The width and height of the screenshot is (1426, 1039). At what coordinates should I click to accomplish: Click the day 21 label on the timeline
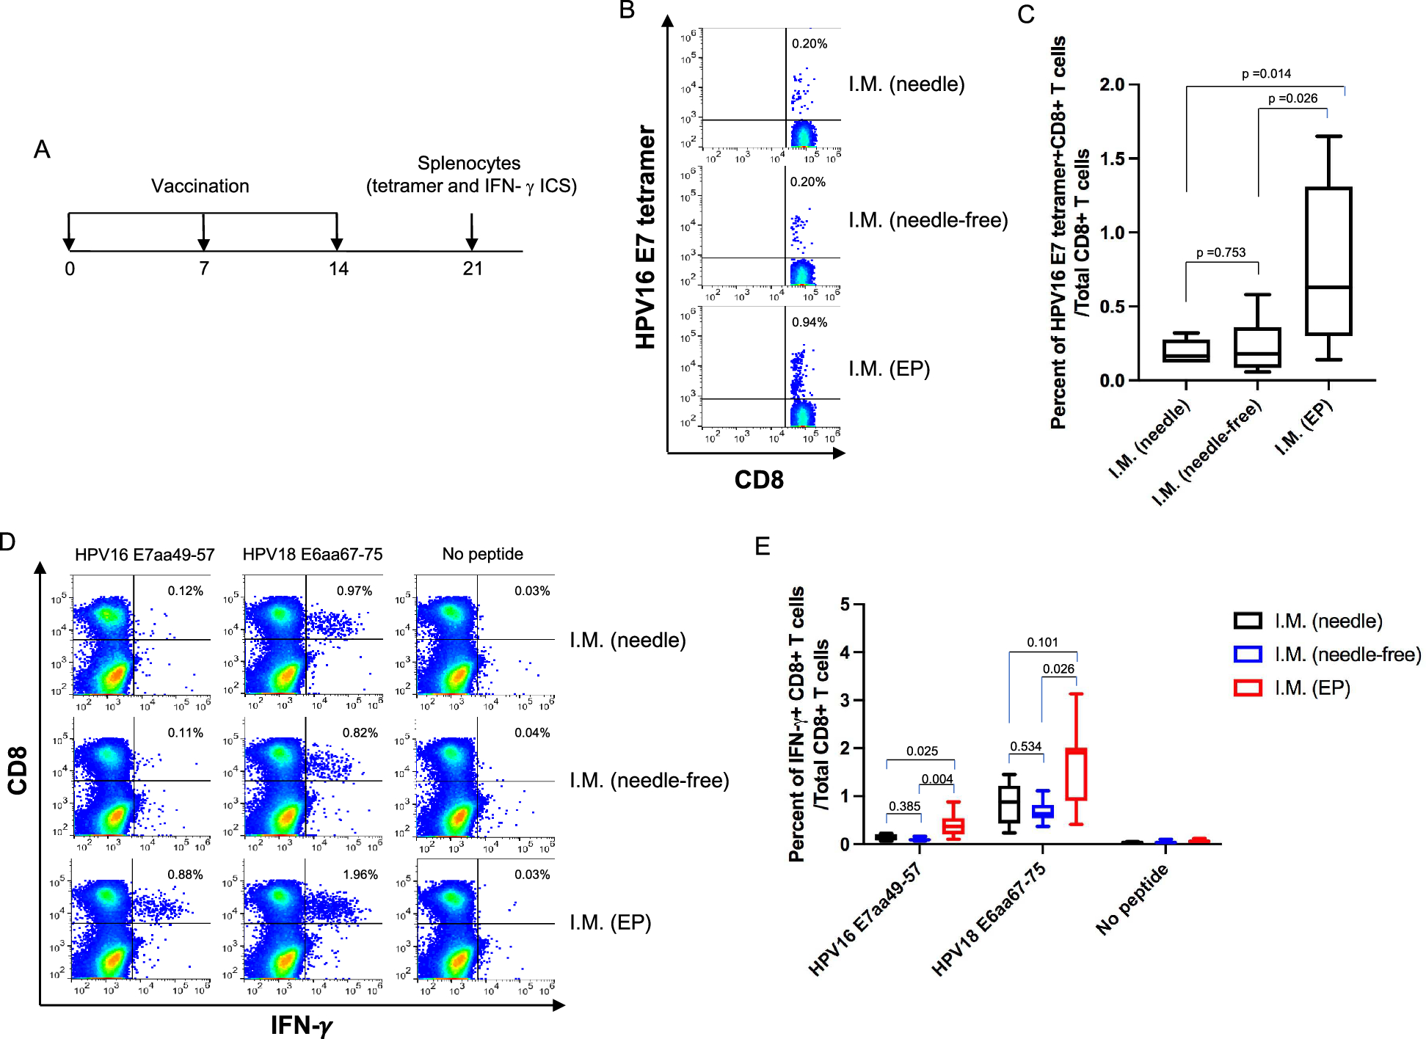click(x=473, y=269)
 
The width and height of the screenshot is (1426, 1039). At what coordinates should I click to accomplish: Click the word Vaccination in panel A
click(x=200, y=186)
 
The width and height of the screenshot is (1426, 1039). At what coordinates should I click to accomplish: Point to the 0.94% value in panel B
click(x=809, y=322)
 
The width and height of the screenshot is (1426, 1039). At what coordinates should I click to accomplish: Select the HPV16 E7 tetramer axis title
click(x=645, y=236)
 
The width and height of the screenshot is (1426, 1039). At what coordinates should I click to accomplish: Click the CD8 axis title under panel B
click(x=759, y=480)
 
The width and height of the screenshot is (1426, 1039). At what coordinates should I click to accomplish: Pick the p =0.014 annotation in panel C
click(x=1266, y=73)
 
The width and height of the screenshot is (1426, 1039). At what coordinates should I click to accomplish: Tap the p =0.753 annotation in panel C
click(x=1221, y=252)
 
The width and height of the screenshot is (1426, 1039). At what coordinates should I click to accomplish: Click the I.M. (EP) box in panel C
click(x=1328, y=261)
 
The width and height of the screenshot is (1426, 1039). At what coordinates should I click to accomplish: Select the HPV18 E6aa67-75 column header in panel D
click(x=313, y=554)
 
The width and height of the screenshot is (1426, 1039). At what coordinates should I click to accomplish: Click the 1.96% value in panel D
click(x=360, y=875)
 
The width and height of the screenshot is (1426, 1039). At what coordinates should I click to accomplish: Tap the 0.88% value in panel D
click(x=185, y=875)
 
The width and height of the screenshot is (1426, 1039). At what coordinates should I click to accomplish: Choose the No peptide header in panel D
click(x=482, y=554)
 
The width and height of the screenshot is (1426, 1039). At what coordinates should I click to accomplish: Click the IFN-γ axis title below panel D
click(x=302, y=1025)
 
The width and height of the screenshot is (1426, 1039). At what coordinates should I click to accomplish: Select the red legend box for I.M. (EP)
click(x=1248, y=688)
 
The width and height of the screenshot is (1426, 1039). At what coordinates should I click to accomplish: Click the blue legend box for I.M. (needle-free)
click(x=1248, y=654)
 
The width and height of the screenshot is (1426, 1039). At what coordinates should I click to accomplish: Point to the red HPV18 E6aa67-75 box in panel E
click(x=1076, y=774)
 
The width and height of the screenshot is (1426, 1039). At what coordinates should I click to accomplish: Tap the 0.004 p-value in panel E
click(x=937, y=779)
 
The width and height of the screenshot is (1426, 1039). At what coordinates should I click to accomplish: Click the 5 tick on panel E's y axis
click(x=845, y=605)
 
